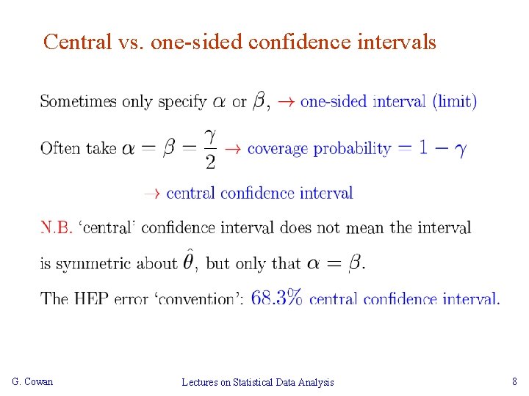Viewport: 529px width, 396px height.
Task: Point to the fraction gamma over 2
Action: tap(211, 148)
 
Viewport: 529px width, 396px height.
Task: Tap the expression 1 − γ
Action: tap(442, 148)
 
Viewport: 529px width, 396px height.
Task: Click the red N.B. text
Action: tap(57, 227)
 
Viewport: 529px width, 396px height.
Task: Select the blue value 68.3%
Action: tap(277, 298)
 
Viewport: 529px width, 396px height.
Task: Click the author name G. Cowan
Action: tap(33, 381)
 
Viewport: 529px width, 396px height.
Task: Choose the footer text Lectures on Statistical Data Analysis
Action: tap(257, 382)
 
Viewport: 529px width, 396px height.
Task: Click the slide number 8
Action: tap(514, 381)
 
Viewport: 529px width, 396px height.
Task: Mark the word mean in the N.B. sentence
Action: tap(365, 227)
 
